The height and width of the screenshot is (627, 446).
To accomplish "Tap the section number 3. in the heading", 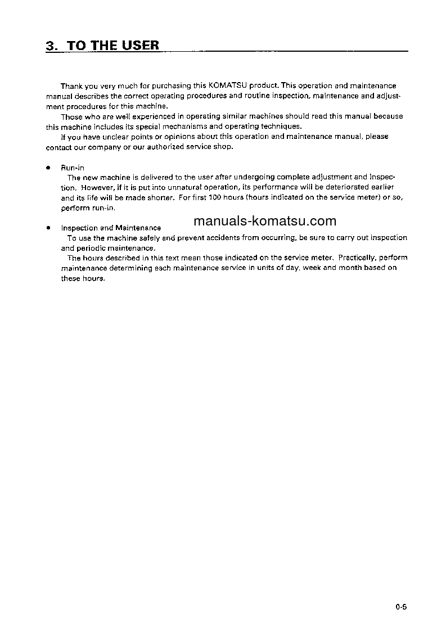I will tap(52, 46).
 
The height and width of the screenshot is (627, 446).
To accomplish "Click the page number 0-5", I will tap(400, 607).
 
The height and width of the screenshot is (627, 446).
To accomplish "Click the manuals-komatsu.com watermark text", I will tap(264, 221).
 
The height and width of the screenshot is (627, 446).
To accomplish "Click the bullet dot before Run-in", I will tap(49, 168).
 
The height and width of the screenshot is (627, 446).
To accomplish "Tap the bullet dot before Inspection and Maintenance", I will tap(49, 228).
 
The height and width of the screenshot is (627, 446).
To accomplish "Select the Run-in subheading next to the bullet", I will tap(73, 168).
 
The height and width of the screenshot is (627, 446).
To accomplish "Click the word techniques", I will tap(282, 127).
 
